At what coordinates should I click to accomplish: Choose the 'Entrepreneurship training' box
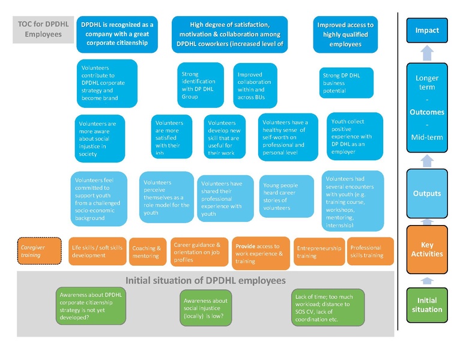[318, 252]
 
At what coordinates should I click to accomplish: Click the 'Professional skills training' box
[370, 251]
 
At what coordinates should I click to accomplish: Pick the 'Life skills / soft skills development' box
[97, 251]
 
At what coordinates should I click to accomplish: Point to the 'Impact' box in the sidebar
[427, 31]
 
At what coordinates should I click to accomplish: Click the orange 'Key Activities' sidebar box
[427, 249]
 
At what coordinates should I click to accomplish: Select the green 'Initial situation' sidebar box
[427, 305]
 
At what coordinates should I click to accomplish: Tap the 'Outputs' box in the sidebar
[427, 193]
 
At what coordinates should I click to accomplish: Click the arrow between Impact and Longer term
[427, 54]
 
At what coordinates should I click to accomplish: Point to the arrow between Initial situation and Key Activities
[427, 280]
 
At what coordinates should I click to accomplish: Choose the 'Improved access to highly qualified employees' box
[345, 34]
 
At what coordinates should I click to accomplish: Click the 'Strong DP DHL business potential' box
[346, 83]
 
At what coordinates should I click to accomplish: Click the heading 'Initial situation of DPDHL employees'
[205, 280]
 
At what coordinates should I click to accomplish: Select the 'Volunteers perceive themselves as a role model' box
[166, 197]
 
